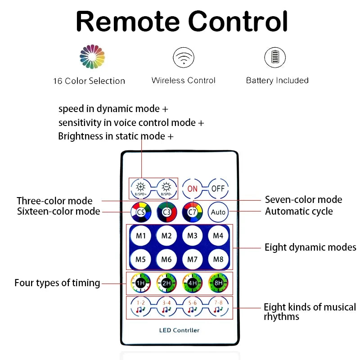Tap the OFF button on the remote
point(218,189)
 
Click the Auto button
point(218,211)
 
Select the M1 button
point(141,235)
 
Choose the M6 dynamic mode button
point(166,259)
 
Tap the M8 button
point(218,259)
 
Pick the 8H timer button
point(218,283)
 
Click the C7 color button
point(193,211)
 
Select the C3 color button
point(167,211)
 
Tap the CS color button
point(141,211)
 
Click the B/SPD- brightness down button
point(167,188)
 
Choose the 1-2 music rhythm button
point(141,307)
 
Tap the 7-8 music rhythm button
point(218,307)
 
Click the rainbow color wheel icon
point(92,57)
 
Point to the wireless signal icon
point(184,58)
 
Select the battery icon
point(274,58)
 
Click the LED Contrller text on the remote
point(179,330)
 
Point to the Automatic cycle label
point(299,211)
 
